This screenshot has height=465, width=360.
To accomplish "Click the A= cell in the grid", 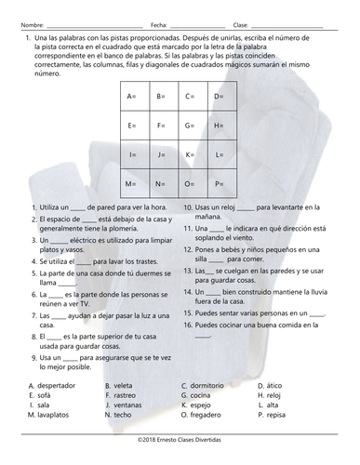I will pyautogui.click(x=130, y=97).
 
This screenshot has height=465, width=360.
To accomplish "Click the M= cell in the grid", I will pyautogui.click(x=130, y=183).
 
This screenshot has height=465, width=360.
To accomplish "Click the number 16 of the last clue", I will pyautogui.click(x=187, y=327).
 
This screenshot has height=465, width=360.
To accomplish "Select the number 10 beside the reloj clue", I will pyautogui.click(x=187, y=206).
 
